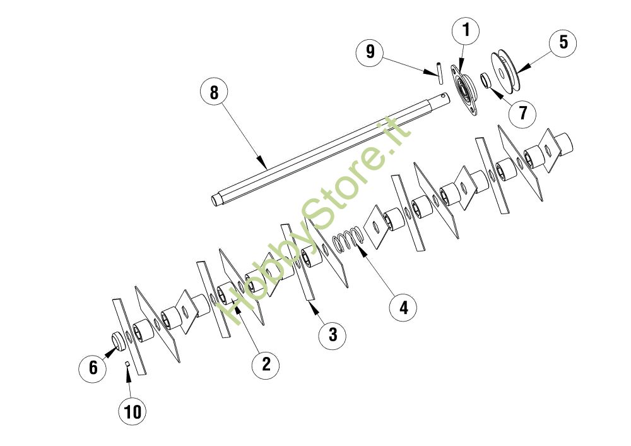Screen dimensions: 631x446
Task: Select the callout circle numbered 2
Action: point(266,364)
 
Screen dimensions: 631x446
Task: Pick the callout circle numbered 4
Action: point(403,308)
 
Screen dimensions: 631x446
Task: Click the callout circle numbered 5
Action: point(563,42)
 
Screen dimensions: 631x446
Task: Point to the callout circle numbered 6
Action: point(93,367)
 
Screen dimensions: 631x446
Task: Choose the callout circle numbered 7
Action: point(523,113)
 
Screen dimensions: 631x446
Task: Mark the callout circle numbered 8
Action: point(214,92)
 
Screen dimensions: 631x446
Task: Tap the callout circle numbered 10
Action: point(133,412)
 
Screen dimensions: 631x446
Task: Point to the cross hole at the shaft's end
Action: point(444,97)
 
